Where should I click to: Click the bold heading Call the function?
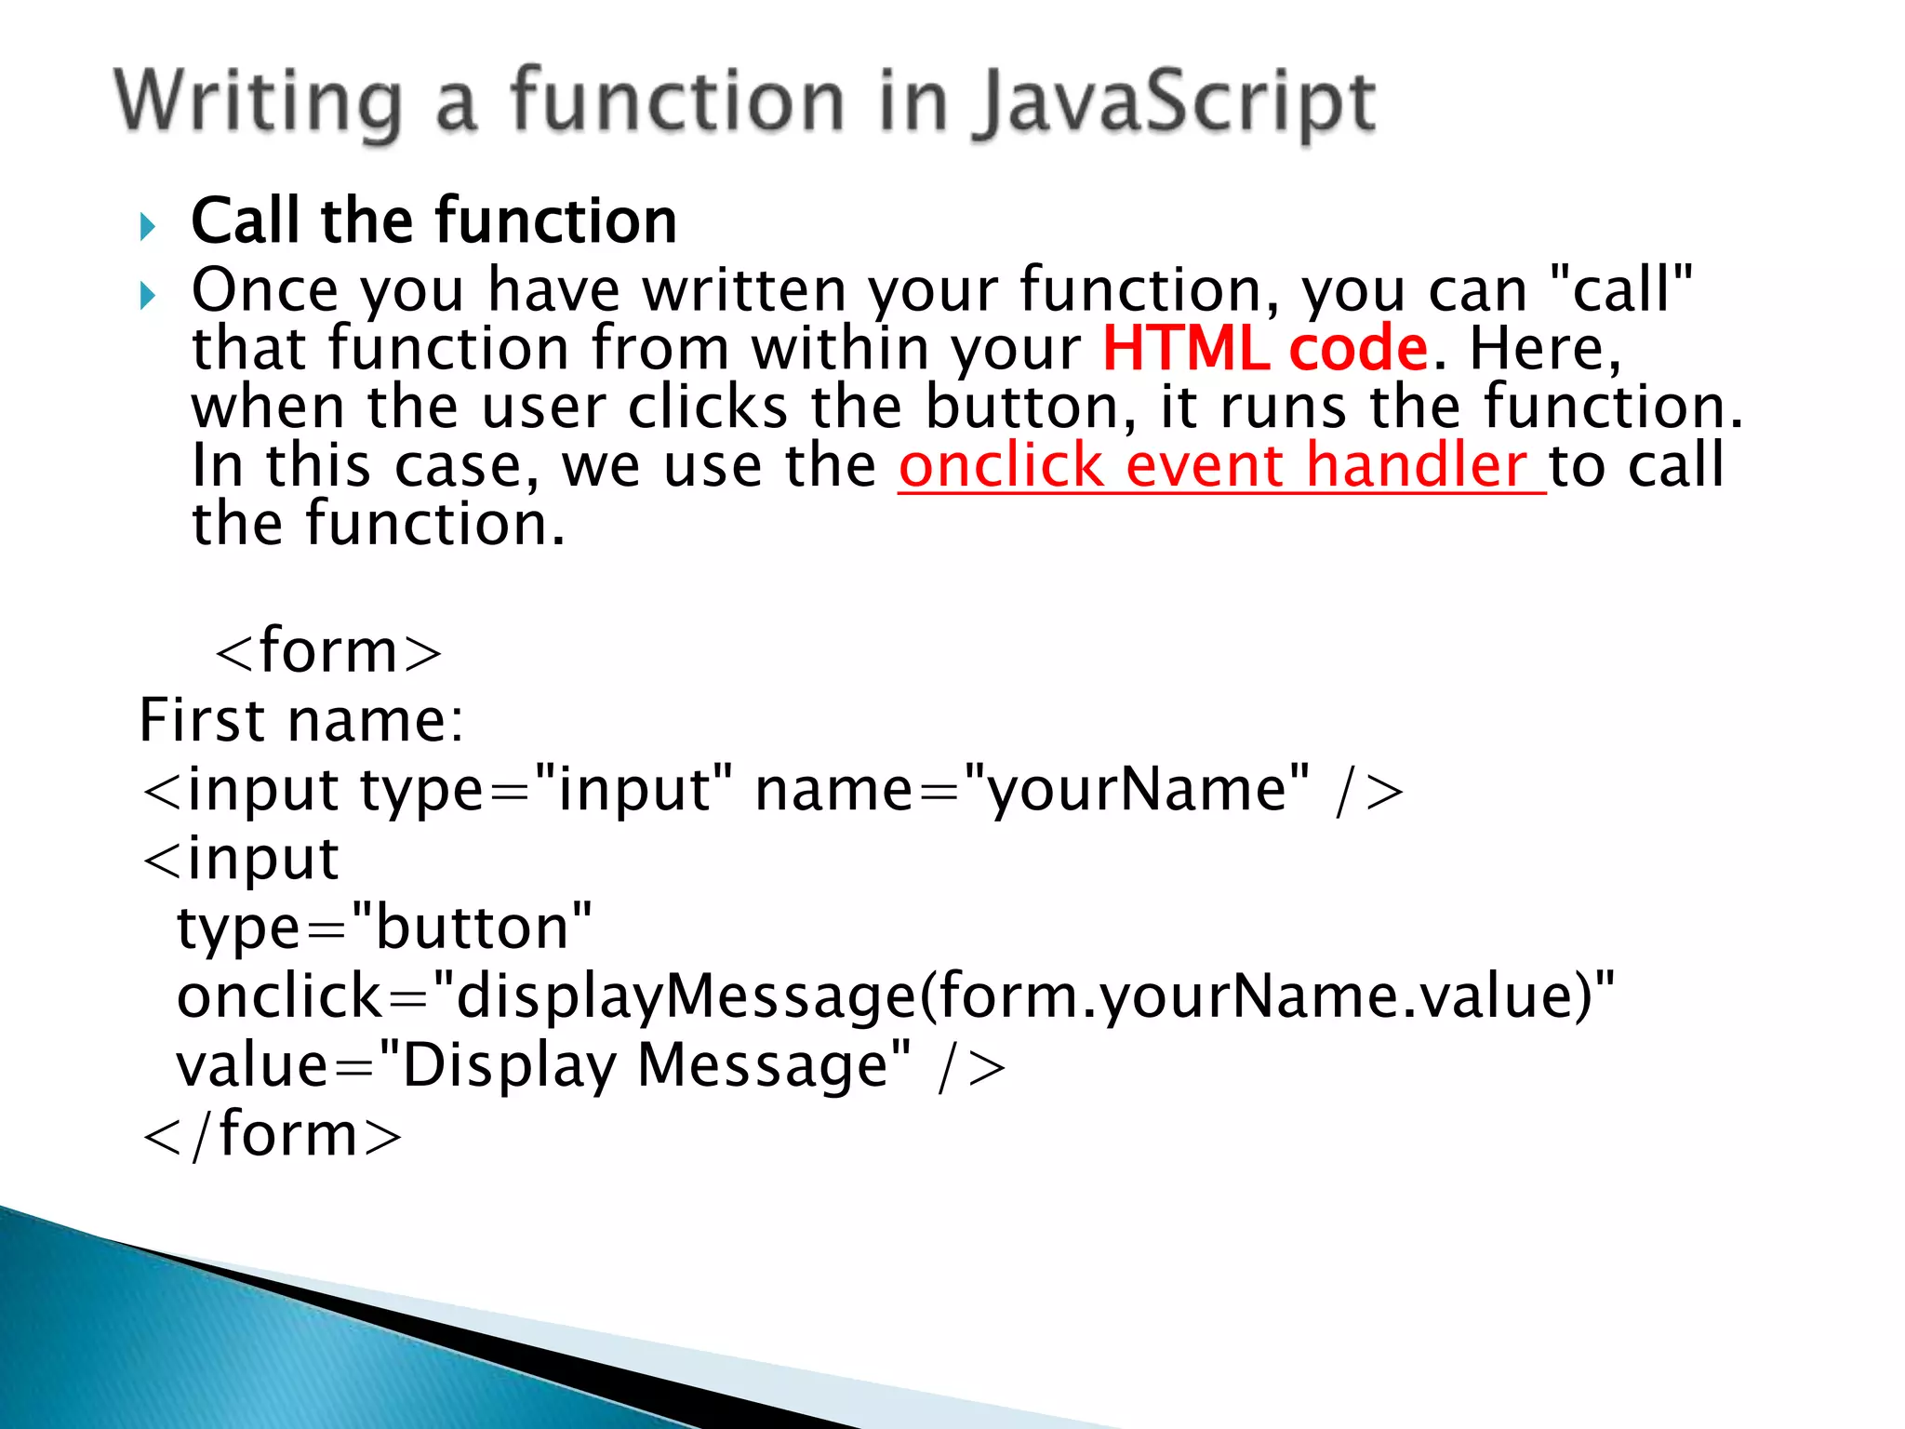pyautogui.click(x=433, y=221)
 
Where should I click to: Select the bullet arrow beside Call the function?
pyautogui.click(x=148, y=226)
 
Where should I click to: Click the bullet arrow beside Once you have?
pyautogui.click(x=148, y=296)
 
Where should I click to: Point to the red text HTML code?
pyautogui.click(x=1264, y=349)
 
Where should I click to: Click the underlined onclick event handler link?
pyautogui.click(x=1219, y=465)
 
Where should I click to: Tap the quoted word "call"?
pyautogui.click(x=1622, y=289)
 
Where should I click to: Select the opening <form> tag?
pyautogui.click(x=327, y=650)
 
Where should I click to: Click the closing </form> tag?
pyautogui.click(x=272, y=1134)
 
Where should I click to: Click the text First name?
pyautogui.click(x=300, y=720)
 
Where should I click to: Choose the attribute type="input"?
pyautogui.click(x=545, y=790)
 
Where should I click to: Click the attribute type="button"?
pyautogui.click(x=384, y=928)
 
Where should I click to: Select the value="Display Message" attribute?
pyautogui.click(x=543, y=1065)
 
